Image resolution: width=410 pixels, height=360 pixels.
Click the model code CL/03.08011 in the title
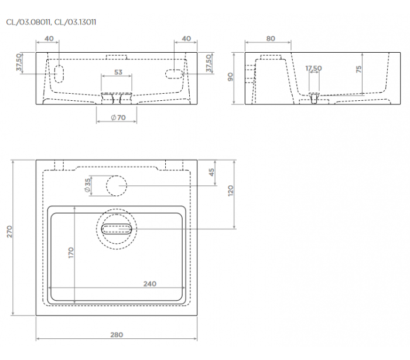pyautogui.click(x=28, y=22)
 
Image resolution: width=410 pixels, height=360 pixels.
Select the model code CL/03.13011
pyautogui.click(x=75, y=22)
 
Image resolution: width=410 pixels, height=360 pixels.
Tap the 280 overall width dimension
pyautogui.click(x=117, y=335)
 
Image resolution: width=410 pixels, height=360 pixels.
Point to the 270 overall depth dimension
pyautogui.click(x=9, y=232)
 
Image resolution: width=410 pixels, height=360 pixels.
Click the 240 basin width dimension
pyautogui.click(x=150, y=284)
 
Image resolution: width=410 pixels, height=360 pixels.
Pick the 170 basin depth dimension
pyautogui.click(x=71, y=253)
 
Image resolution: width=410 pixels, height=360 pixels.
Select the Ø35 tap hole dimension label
pyautogui.click(x=87, y=185)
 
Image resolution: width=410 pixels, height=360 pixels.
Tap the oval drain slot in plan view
pyautogui.click(x=117, y=229)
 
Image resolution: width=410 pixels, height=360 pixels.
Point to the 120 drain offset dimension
pyautogui.click(x=230, y=191)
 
